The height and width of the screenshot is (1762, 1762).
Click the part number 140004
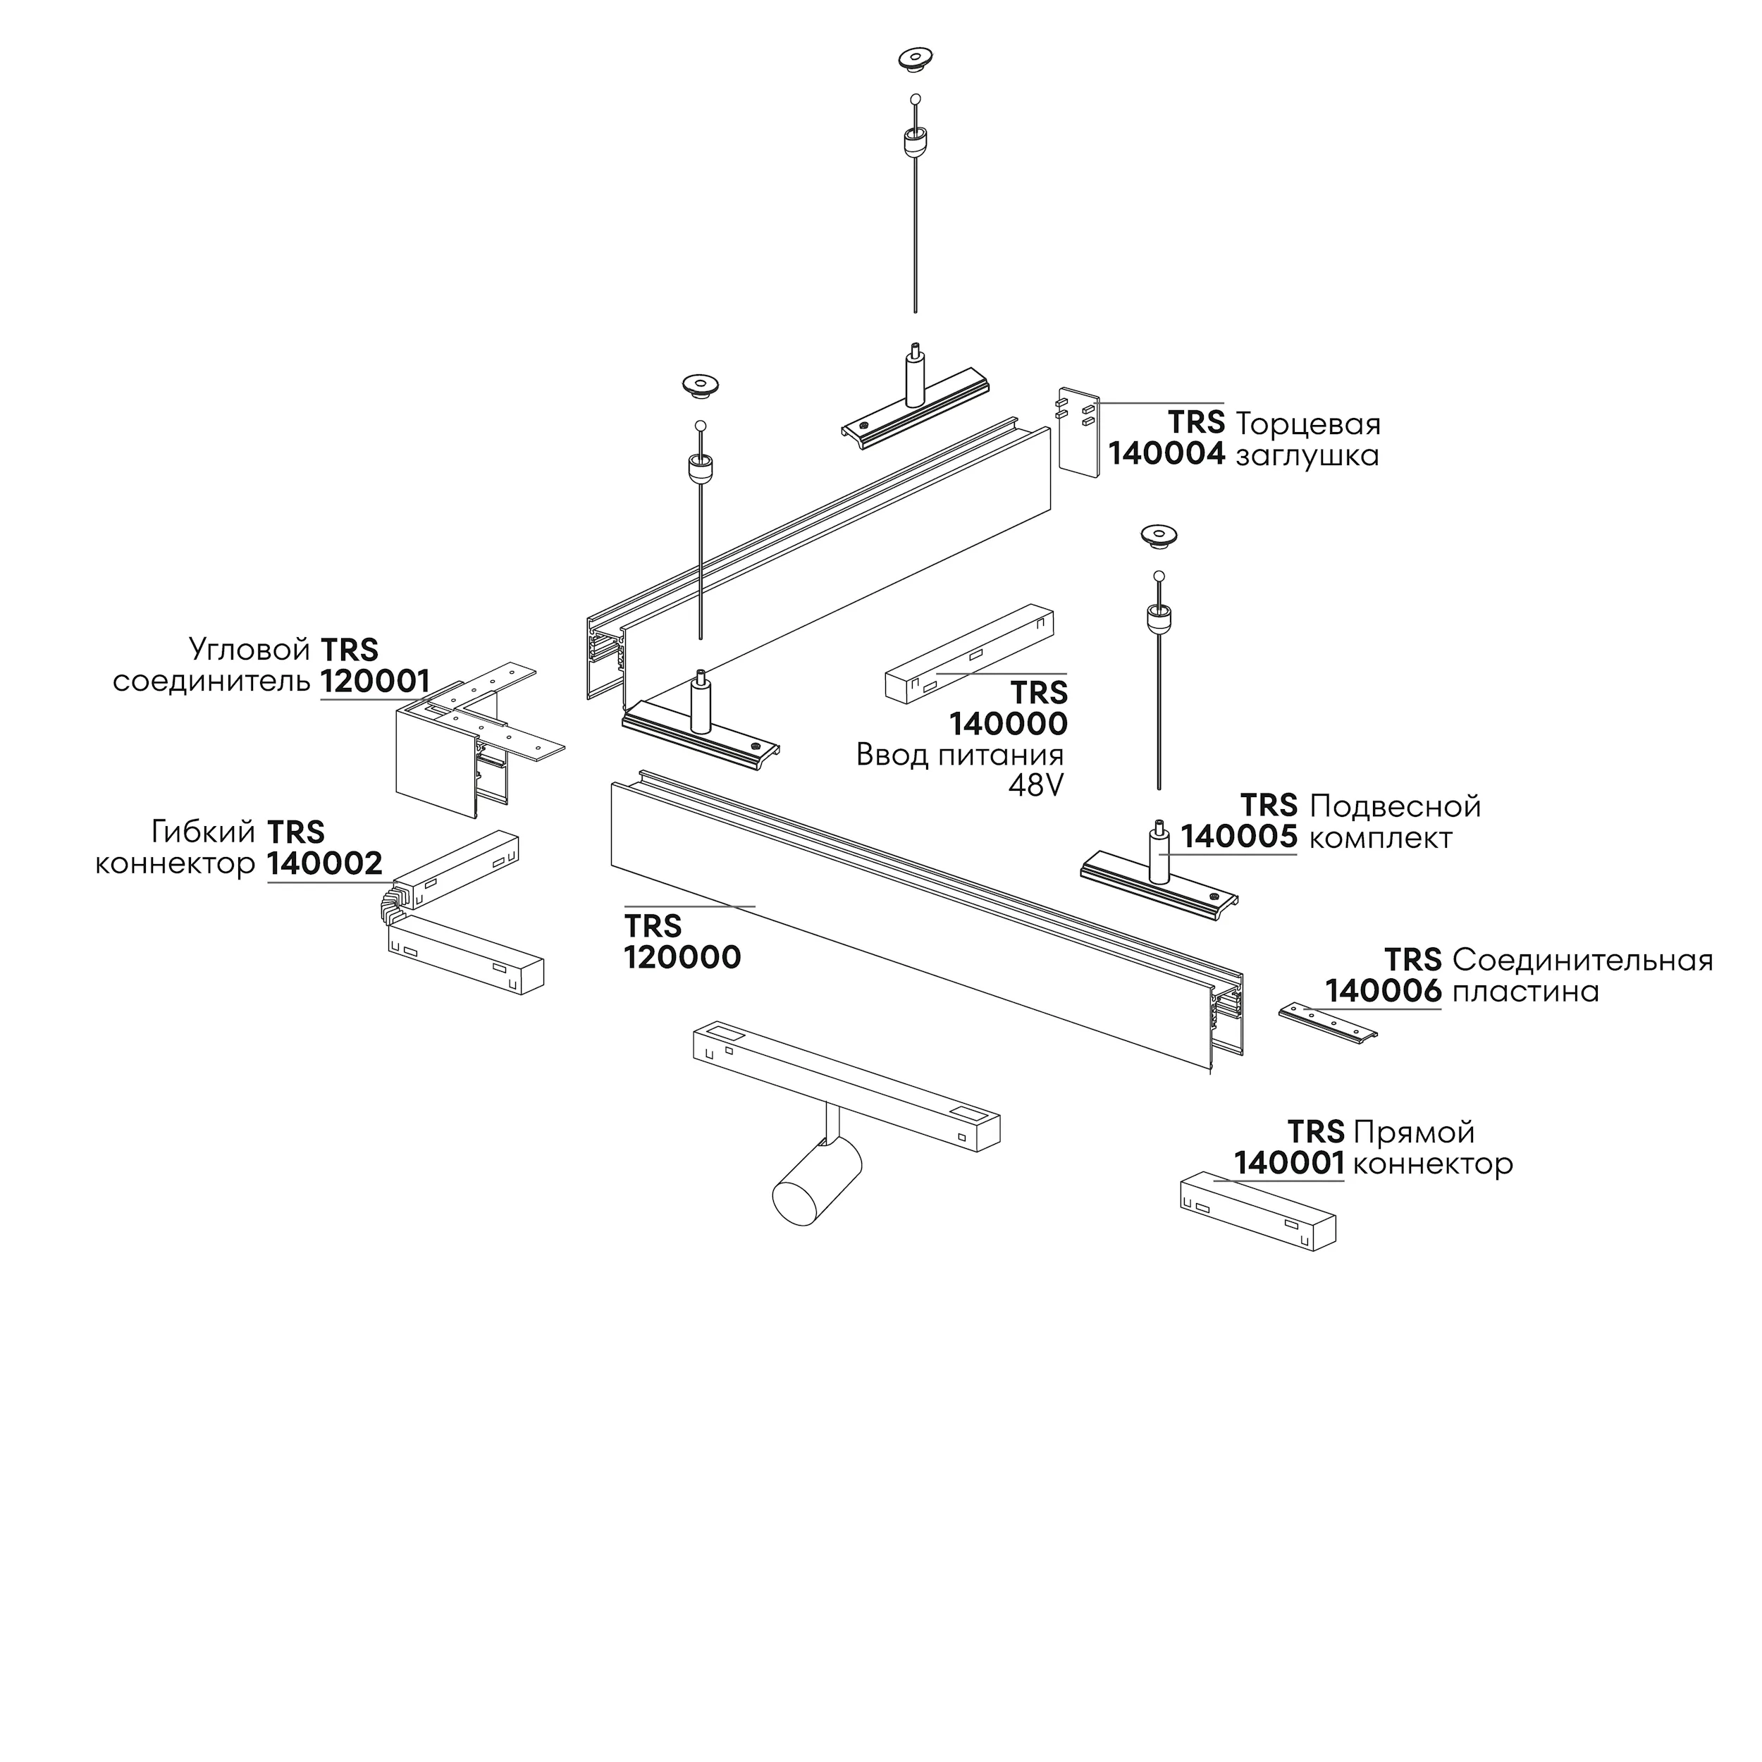(1166, 453)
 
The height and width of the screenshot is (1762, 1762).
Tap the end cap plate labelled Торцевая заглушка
(1079, 429)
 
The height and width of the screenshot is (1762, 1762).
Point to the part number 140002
(325, 863)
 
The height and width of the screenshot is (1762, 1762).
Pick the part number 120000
(682, 956)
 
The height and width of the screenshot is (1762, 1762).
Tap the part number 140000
(1009, 723)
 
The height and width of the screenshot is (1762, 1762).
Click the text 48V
(1036, 785)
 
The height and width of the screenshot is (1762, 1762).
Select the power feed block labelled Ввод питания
(970, 654)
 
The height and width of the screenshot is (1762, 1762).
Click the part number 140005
(1240, 837)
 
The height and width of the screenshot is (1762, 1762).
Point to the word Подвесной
(1396, 806)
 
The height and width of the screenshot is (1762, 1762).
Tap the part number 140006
(1384, 990)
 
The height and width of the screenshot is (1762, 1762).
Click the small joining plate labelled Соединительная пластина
(1328, 1023)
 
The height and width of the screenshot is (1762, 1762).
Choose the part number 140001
(1290, 1163)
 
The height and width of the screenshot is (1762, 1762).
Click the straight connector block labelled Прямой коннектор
(1259, 1211)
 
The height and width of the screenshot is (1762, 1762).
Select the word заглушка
(1307, 455)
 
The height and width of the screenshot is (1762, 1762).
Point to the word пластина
(1526, 992)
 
